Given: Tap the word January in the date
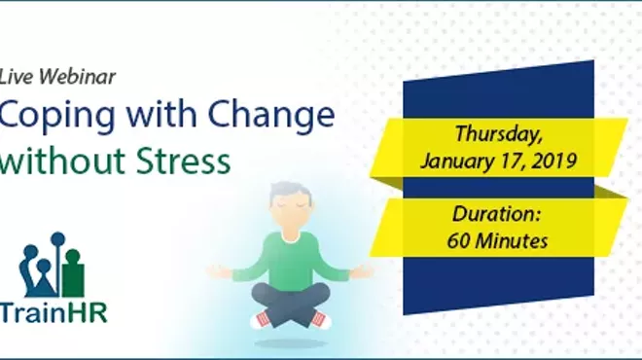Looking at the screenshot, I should pos(455,160).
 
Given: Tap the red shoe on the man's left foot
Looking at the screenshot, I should pos(318,320).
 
